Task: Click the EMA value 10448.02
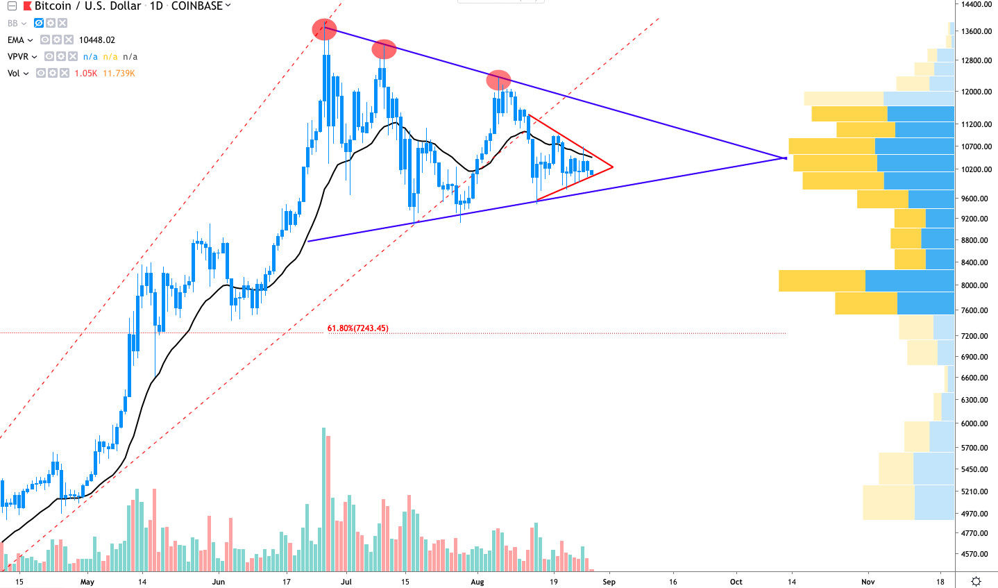[96, 40]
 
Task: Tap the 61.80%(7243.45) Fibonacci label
[357, 328]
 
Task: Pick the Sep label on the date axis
[609, 582]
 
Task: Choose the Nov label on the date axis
[868, 582]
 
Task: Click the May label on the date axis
[87, 582]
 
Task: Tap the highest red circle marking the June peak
[324, 29]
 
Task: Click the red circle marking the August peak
[498, 79]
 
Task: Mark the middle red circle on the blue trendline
[384, 49]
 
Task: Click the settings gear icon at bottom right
[976, 581]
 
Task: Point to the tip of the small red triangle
[612, 167]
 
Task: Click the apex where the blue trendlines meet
[786, 158]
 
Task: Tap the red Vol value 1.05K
[86, 73]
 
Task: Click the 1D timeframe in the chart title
[156, 6]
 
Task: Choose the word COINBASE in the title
[196, 6]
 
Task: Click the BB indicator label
[12, 23]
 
